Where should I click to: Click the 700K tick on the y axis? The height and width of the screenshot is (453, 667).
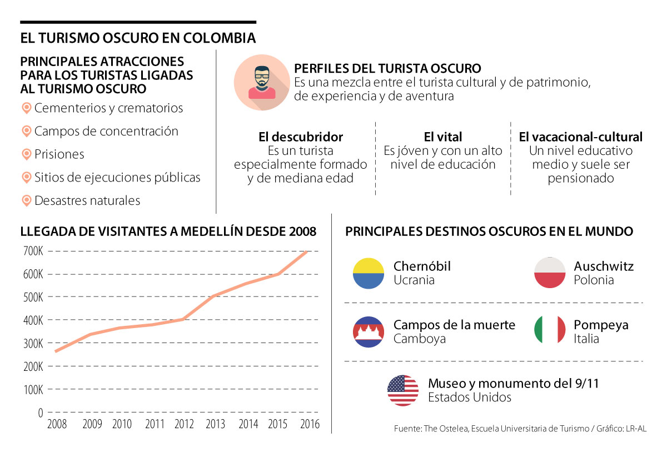(x=33, y=251)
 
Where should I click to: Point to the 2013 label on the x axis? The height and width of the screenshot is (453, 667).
(x=215, y=425)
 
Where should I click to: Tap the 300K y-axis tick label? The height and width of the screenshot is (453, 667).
(x=33, y=344)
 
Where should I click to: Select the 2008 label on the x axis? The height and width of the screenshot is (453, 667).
(x=57, y=425)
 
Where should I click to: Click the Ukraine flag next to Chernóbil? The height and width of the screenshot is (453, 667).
(x=369, y=273)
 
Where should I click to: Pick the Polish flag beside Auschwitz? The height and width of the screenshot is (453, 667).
(x=549, y=273)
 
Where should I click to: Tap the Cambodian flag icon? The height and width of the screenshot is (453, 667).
(x=369, y=332)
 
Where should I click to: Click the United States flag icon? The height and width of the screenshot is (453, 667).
(x=403, y=390)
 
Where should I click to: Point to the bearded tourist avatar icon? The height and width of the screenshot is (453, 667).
(x=261, y=83)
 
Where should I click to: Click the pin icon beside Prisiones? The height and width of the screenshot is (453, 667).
(x=26, y=154)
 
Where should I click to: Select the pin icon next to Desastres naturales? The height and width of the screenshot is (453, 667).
(x=26, y=200)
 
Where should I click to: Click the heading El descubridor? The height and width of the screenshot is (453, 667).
(x=301, y=137)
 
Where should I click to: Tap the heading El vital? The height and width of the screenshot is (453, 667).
(x=442, y=137)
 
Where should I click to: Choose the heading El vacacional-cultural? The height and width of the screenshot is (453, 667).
(x=580, y=137)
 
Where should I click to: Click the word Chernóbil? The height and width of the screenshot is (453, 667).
(x=422, y=266)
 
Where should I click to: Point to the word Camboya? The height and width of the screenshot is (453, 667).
(x=419, y=339)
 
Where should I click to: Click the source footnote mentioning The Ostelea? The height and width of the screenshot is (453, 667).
(x=520, y=429)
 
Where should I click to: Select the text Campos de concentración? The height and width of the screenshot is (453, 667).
(x=106, y=131)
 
